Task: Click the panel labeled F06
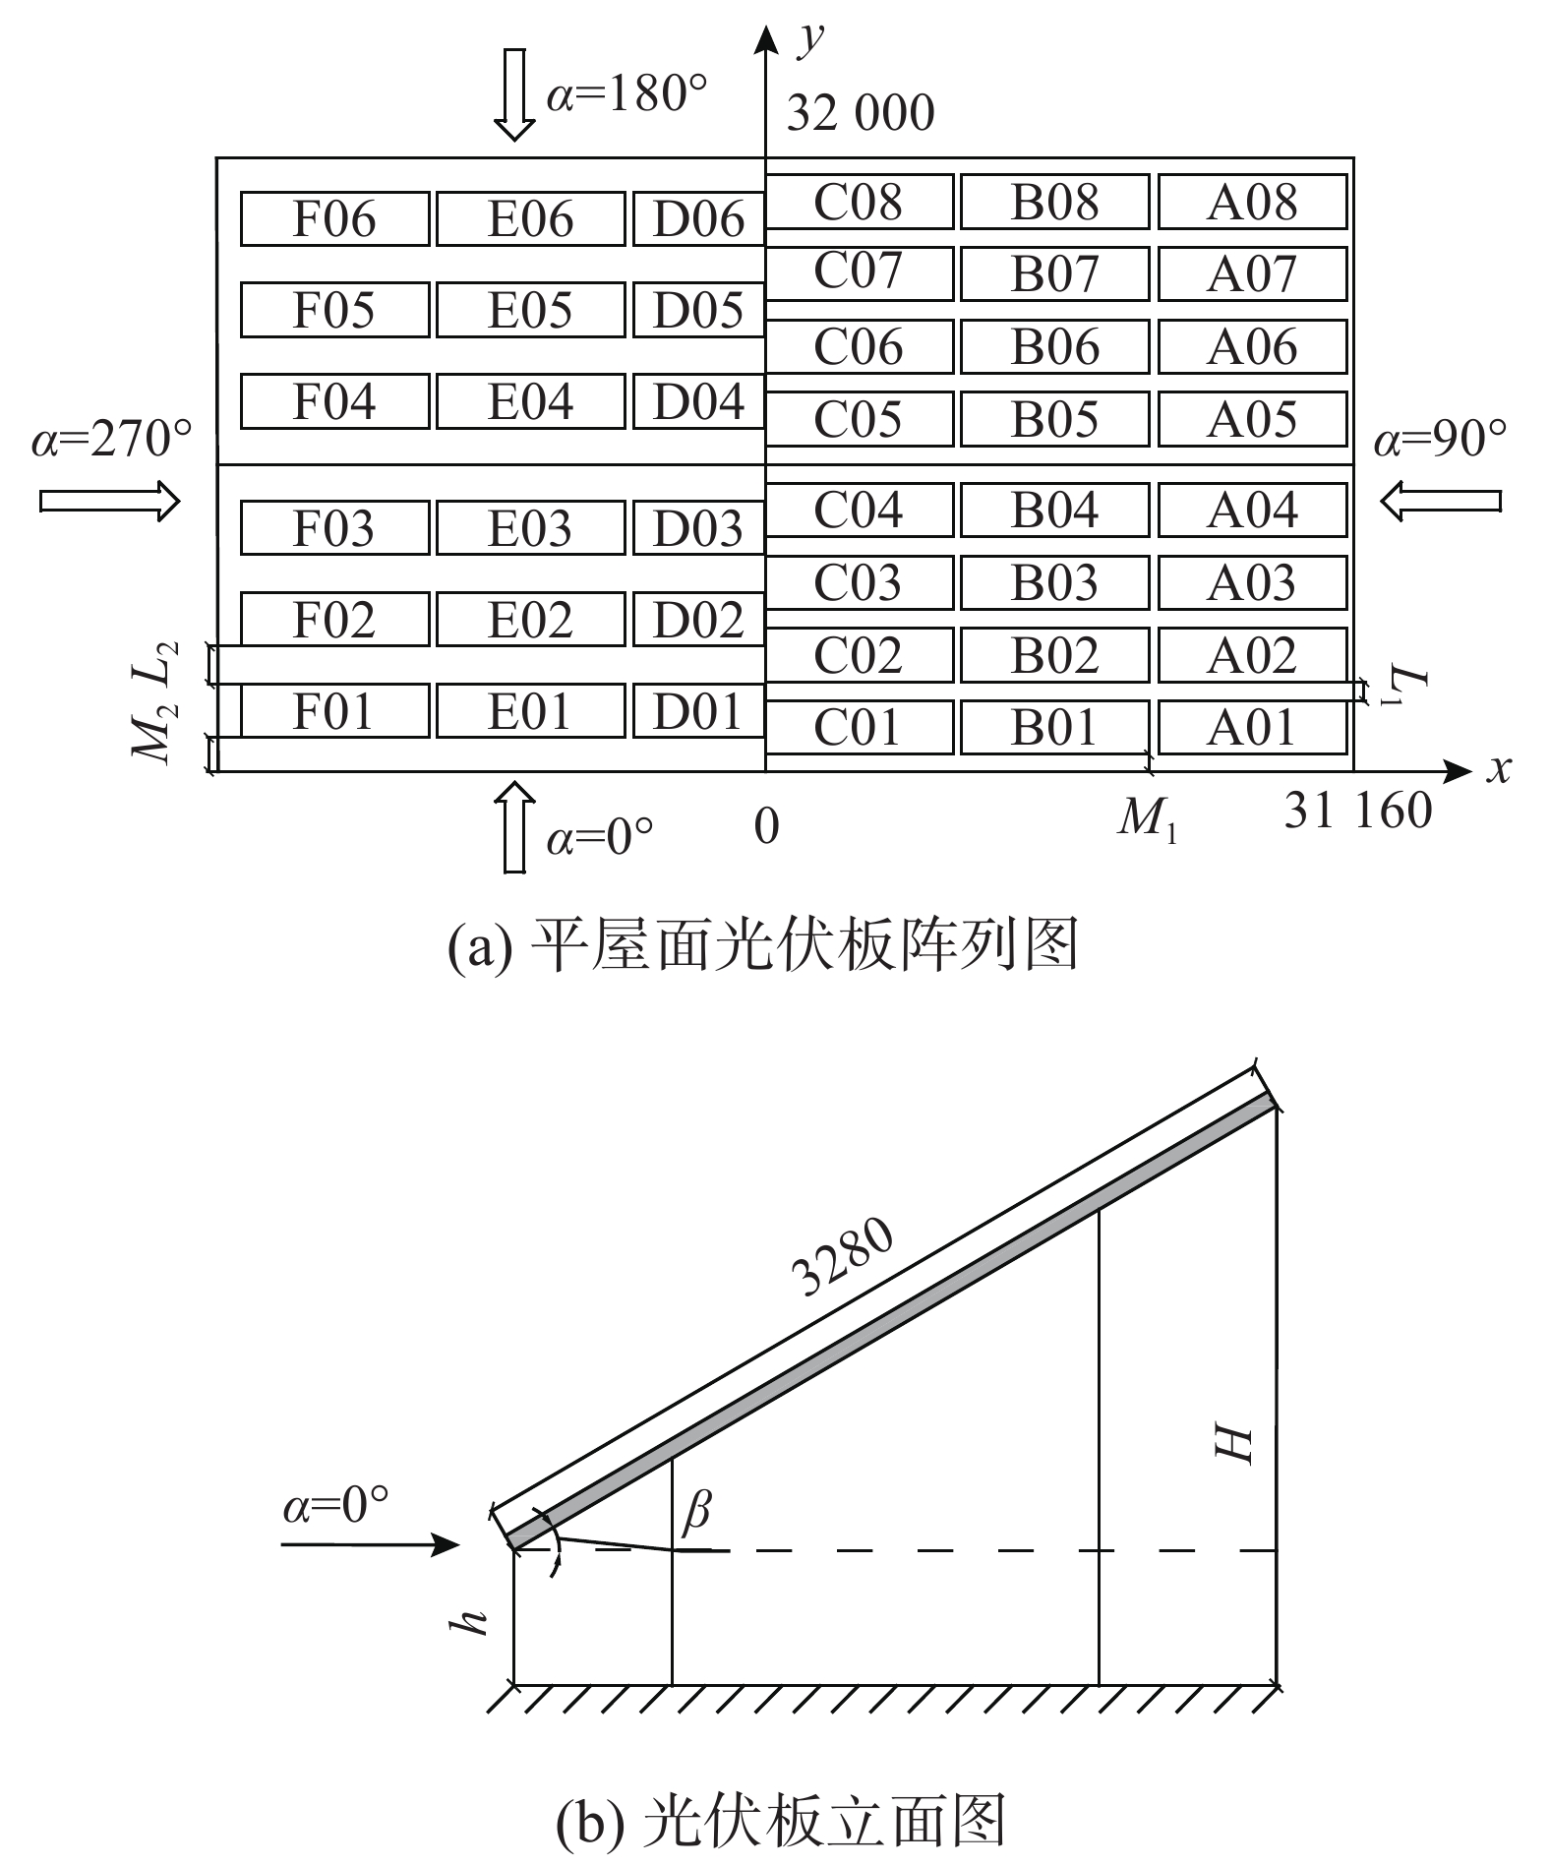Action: [x=334, y=218]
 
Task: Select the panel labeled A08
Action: [x=1252, y=202]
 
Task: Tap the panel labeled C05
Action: [x=858, y=419]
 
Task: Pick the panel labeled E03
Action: [x=530, y=528]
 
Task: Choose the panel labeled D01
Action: [x=697, y=710]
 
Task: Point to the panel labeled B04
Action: [x=1054, y=510]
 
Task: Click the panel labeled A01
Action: [x=1252, y=728]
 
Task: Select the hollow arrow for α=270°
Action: [x=110, y=502]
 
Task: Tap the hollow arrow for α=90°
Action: [x=1440, y=502]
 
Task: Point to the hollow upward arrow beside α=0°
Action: [x=513, y=826]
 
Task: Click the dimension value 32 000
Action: [x=860, y=114]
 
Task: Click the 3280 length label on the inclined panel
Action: [x=843, y=1259]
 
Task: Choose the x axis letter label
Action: [x=1497, y=769]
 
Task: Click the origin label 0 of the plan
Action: [x=766, y=826]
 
